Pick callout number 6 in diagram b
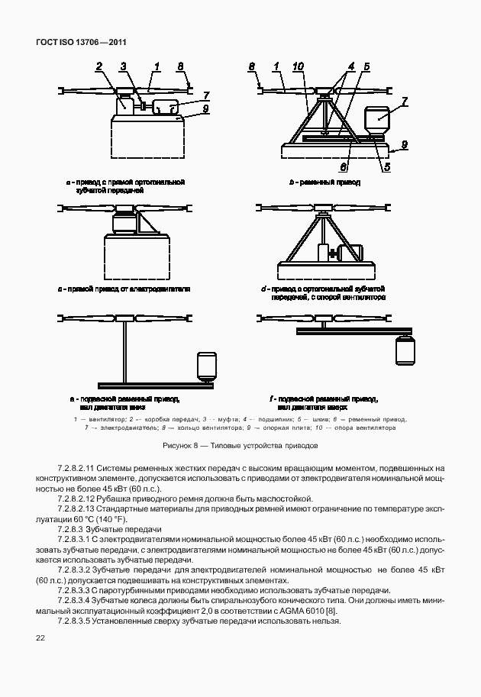(344, 166)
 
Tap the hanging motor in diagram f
(405, 350)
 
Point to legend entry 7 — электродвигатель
(114, 428)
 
